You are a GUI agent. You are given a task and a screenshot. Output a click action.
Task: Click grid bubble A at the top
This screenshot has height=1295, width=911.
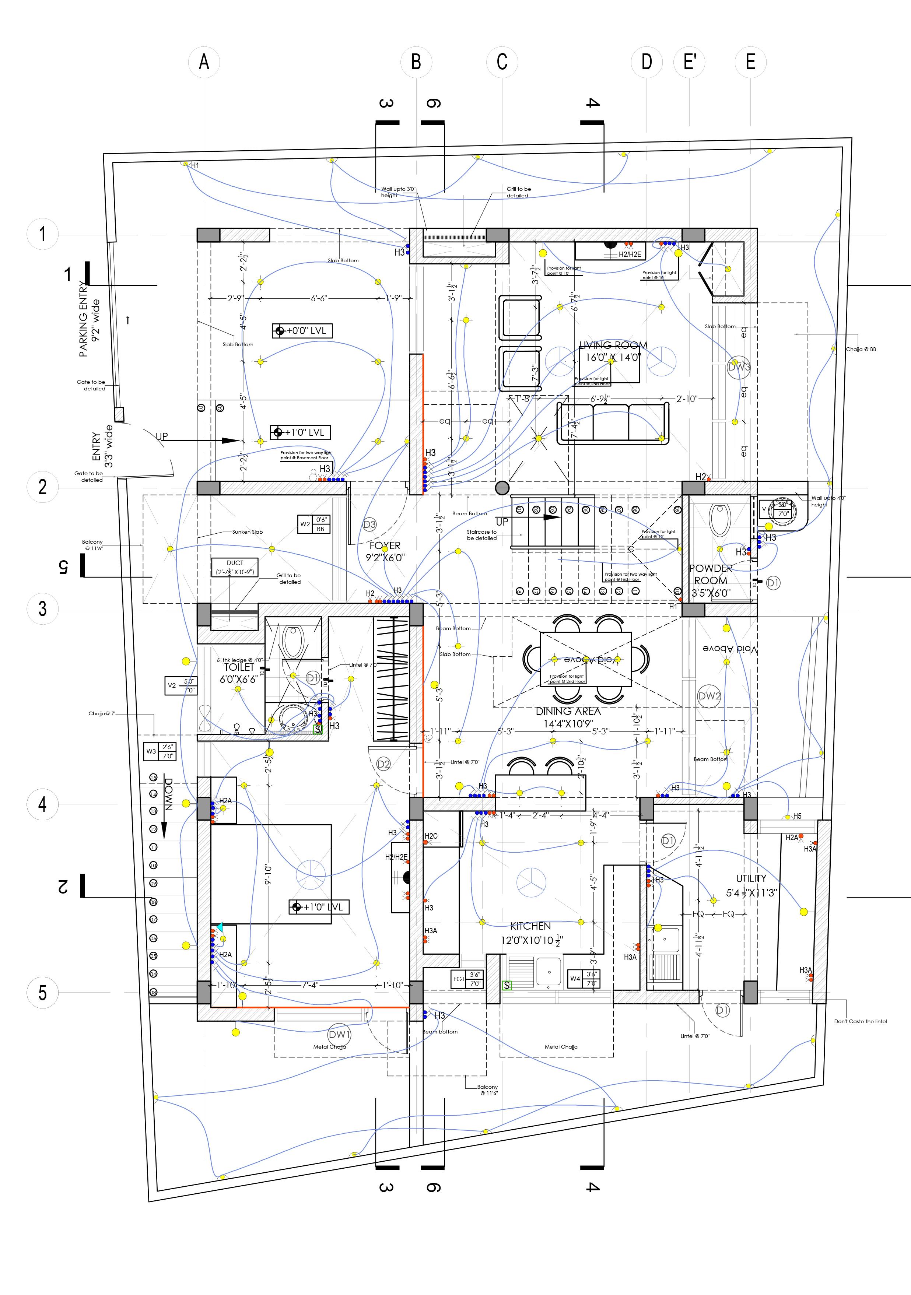204,62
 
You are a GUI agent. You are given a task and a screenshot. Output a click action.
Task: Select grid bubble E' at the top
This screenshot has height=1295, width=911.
689,62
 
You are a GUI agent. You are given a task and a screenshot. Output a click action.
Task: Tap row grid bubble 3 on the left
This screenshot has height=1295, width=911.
43,608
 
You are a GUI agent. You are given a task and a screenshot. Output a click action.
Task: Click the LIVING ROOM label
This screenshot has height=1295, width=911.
613,345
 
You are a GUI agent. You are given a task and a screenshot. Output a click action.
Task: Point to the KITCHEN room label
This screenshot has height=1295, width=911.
530,926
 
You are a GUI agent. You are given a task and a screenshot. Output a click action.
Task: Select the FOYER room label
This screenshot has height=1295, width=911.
385,545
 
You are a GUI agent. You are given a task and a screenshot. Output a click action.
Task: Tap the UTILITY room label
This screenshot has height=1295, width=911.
751,878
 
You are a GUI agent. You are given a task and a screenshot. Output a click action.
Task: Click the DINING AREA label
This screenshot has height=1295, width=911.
568,711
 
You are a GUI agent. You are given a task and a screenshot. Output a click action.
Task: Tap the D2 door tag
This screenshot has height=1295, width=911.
383,764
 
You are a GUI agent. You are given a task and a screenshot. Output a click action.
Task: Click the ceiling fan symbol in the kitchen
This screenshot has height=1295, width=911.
531,882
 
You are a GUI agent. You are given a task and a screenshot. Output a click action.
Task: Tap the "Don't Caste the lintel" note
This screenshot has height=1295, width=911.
860,1021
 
